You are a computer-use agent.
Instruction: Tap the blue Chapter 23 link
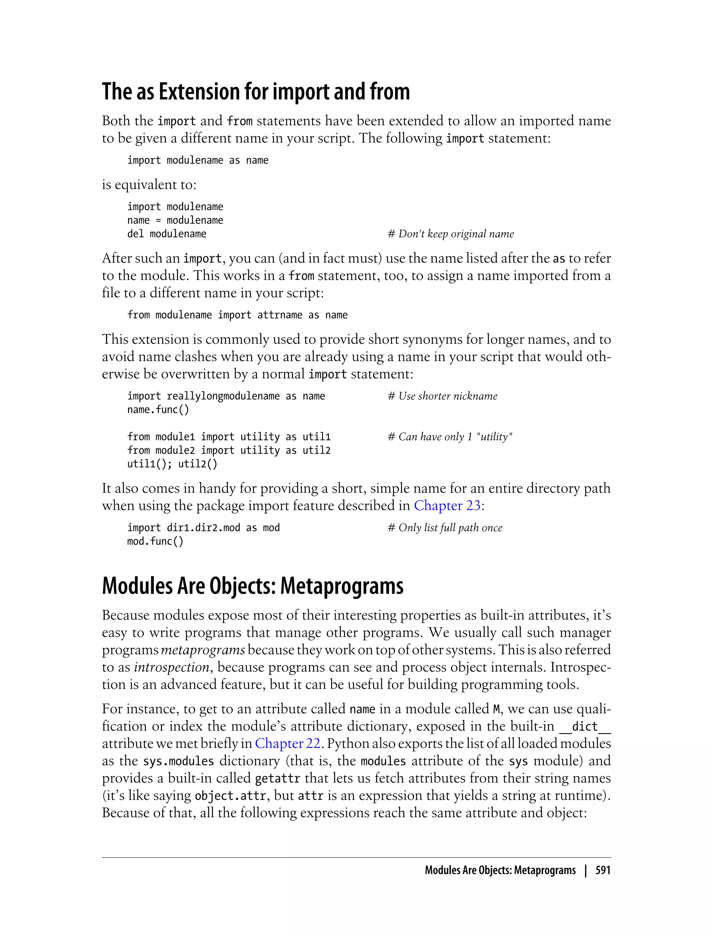coord(447,506)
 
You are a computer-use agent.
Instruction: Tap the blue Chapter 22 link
coord(287,743)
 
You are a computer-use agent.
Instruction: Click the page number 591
coord(603,871)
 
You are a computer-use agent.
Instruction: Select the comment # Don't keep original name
coord(451,234)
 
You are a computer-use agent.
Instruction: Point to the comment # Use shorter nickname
coord(442,396)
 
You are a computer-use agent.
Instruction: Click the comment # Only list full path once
coord(445,528)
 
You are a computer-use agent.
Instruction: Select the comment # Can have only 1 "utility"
coord(450,437)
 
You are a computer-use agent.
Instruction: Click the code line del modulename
coord(167,234)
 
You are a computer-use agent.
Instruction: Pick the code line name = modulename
coord(175,220)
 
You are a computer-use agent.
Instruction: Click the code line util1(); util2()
coord(172,464)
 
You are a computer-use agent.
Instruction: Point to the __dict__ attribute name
coord(585,726)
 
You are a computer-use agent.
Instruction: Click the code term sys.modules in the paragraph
coord(178,761)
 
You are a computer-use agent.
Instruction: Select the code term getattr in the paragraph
coord(277,779)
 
